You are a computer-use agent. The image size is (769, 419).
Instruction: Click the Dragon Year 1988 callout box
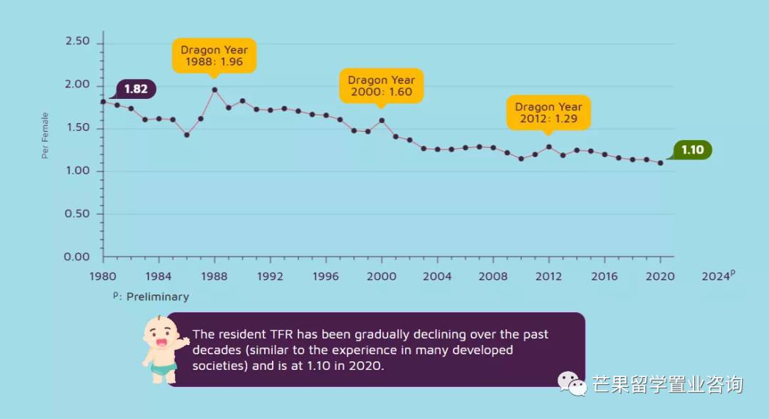[214, 56]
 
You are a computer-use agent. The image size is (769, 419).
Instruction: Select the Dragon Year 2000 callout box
[382, 86]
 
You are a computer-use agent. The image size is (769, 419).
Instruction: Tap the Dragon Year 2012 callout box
[548, 112]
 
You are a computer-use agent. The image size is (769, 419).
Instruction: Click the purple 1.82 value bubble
[135, 89]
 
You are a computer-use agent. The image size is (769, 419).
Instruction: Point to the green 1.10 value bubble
[692, 150]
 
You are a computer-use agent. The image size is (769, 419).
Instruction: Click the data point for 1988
[214, 90]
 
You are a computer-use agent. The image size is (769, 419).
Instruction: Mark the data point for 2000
[382, 120]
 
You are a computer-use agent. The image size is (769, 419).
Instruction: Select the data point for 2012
[548, 147]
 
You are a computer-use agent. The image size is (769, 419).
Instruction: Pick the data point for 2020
[660, 163]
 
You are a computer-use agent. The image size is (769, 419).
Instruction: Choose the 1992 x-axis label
[270, 276]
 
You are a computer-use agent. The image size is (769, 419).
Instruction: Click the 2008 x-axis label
[493, 276]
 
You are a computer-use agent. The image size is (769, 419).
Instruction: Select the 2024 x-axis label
[716, 276]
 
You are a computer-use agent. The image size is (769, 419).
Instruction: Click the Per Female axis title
[45, 135]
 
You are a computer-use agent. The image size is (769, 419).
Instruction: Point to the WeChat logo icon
[572, 384]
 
